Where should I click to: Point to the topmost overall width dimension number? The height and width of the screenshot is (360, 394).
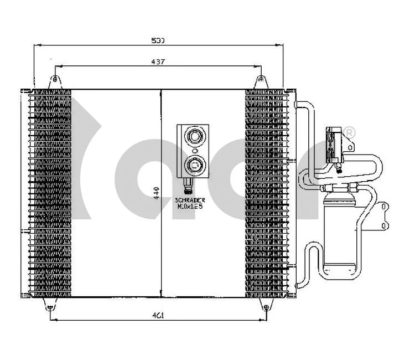(x=158, y=40)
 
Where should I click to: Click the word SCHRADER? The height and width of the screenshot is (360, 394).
(x=190, y=200)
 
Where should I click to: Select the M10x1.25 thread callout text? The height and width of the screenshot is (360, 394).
(x=190, y=206)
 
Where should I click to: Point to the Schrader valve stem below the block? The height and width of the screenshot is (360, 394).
(x=188, y=184)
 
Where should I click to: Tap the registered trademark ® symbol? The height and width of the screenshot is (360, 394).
(x=349, y=132)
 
